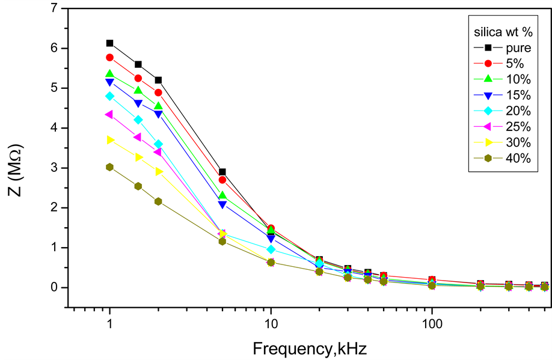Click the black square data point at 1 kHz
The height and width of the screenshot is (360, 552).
[109, 43]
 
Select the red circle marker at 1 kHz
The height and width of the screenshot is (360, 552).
[109, 57]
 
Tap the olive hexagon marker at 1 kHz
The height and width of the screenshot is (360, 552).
[109, 167]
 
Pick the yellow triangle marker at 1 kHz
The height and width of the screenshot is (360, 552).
[109, 140]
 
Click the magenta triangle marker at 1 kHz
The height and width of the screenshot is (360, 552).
[109, 114]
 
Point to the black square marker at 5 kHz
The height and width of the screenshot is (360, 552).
[222, 172]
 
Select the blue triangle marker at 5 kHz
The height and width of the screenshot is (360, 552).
[222, 205]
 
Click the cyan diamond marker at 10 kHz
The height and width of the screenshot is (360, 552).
[271, 249]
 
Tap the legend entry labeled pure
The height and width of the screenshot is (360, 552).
[517, 47]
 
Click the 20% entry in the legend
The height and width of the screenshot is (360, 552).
[517, 111]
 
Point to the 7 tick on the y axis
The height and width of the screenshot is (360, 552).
[55, 8]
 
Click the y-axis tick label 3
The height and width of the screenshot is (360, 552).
[55, 168]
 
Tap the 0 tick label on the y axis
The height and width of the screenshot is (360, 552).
[55, 287]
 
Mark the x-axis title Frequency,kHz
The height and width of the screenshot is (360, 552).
[310, 348]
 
